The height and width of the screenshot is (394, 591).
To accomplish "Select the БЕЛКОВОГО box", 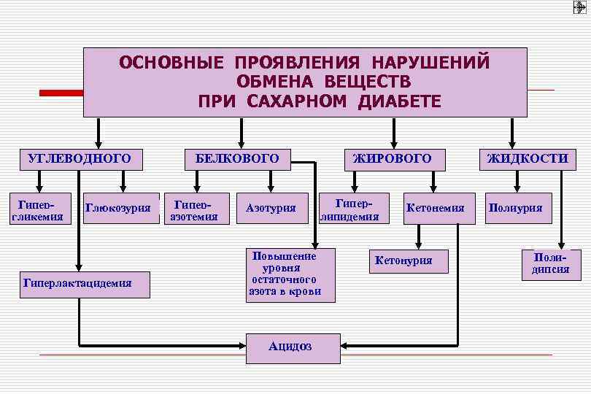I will tap(238, 158).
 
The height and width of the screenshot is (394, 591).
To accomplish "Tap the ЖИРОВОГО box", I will tap(393, 158).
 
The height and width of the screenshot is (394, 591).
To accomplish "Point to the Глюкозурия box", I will tap(123, 208).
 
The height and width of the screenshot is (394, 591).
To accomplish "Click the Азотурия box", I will tap(271, 208).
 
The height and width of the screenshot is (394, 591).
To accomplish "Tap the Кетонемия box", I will tap(436, 208).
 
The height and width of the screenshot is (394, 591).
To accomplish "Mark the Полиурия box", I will tap(516, 208).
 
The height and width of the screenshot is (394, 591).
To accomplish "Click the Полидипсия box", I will tap(551, 265).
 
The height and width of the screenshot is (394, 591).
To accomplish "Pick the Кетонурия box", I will tap(403, 260).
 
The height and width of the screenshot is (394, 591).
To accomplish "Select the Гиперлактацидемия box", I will tap(86, 284).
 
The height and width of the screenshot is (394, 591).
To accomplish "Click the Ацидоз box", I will tap(292, 347).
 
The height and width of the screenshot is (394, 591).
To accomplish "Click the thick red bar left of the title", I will tap(61, 93).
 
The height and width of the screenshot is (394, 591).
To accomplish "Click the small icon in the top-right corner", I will tap(581, 8).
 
